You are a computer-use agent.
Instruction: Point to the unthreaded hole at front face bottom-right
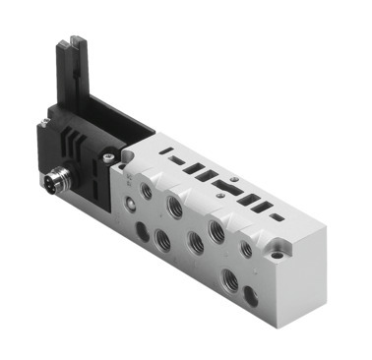point(251,293)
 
